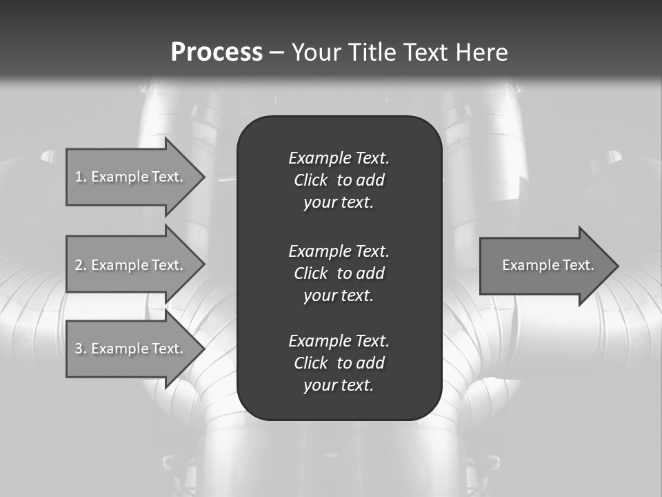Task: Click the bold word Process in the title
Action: click(x=217, y=52)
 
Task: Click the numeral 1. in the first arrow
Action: click(x=80, y=177)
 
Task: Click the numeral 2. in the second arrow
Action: click(x=80, y=265)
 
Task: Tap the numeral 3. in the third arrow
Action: click(x=80, y=349)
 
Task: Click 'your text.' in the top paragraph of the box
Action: click(x=339, y=203)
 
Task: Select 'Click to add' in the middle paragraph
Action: click(x=339, y=273)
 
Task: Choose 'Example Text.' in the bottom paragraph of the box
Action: click(x=339, y=341)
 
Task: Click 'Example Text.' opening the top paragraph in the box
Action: click(x=339, y=158)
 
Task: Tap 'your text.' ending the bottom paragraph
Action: click(x=339, y=385)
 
